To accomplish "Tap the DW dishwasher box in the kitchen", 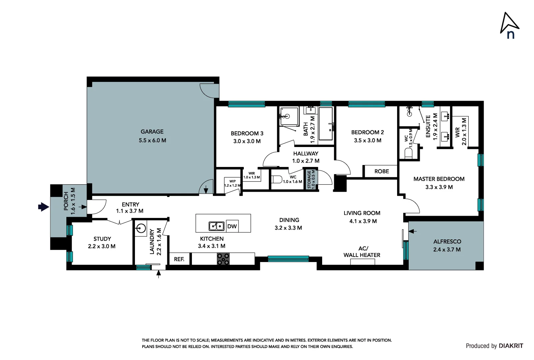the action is click(232, 226).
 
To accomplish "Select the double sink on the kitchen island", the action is click(217, 226).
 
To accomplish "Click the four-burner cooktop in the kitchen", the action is click(223, 259).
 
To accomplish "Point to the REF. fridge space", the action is click(179, 259).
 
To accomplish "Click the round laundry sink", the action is click(141, 228).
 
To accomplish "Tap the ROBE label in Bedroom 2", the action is click(381, 171).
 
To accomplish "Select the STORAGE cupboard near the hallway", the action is click(311, 179).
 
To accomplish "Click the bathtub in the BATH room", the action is click(326, 124).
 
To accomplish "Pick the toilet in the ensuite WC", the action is click(409, 153).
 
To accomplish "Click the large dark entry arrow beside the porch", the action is click(44, 207).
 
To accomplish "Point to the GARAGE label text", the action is click(152, 131).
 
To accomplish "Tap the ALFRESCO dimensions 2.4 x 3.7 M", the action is click(447, 250).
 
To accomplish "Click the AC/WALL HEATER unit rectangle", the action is click(362, 262).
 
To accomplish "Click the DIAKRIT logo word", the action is click(511, 346).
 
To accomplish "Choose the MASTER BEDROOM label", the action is click(439, 179).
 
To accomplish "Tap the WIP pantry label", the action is click(233, 181).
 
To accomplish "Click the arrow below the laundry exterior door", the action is click(159, 275).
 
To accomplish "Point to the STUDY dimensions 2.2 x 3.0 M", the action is click(102, 246).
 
